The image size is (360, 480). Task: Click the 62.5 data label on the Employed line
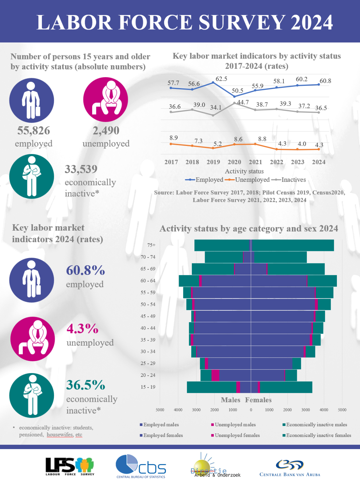221,79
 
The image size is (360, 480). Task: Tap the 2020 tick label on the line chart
234,162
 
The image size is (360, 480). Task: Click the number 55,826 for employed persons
33,131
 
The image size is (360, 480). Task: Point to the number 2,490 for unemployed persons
106,131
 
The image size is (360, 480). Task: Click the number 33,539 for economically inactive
81,169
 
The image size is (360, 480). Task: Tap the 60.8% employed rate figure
85,270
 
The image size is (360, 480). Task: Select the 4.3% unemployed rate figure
82,328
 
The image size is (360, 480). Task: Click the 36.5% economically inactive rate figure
86,385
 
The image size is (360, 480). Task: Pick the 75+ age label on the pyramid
151,245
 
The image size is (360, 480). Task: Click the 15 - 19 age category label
148,387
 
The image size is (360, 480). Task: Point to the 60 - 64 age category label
148,281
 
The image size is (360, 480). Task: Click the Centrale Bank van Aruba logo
290,468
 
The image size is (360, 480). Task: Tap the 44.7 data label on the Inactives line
242,102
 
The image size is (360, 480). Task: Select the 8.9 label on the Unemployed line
173,138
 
